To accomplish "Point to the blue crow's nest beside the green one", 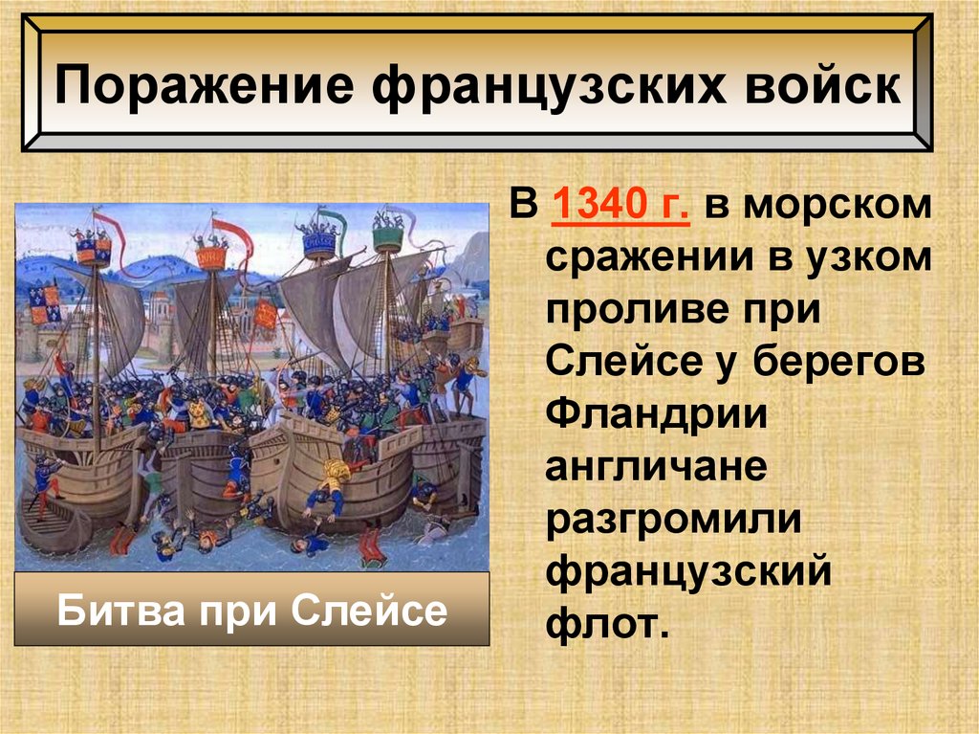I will click(318, 243).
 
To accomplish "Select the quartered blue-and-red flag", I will click(44, 303).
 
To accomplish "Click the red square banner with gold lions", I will click(264, 312).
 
